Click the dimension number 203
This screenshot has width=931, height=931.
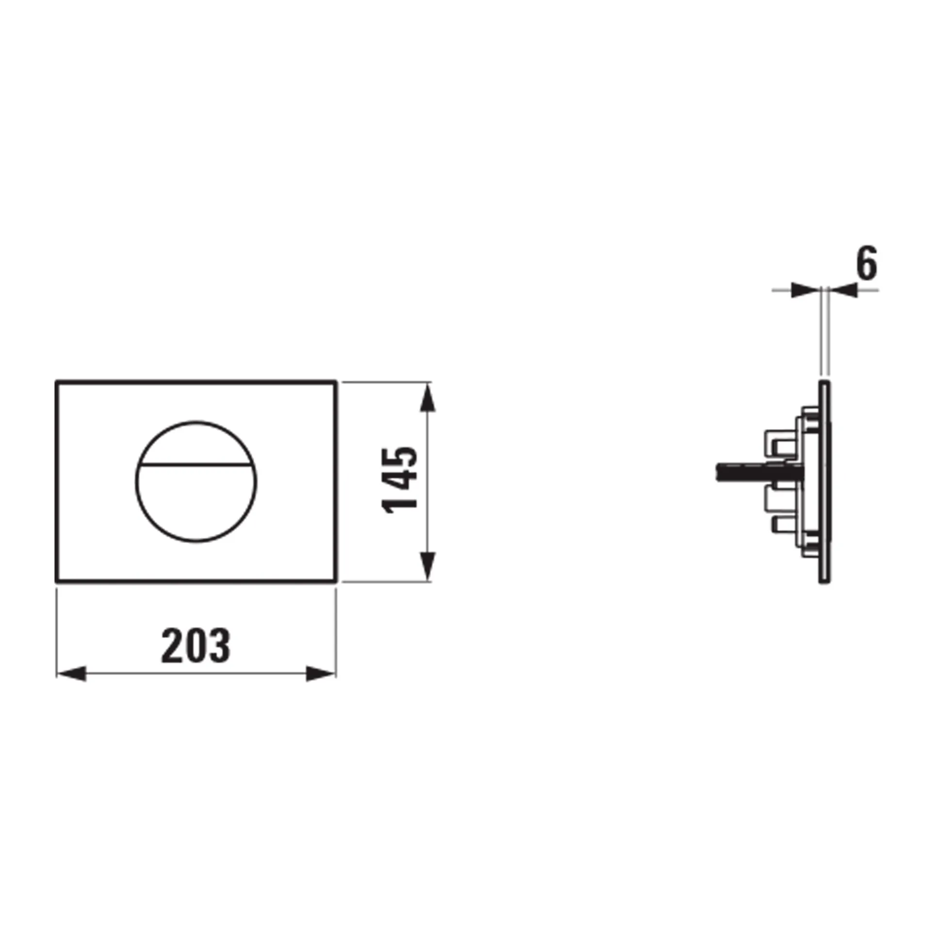195,646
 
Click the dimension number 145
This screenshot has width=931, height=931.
401,480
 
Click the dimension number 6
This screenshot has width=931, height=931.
867,264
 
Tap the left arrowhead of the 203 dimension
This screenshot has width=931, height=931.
72,674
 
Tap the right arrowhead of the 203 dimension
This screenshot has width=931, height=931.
321,674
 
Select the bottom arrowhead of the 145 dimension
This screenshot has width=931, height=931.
427,565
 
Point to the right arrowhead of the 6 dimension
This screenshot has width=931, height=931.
843,290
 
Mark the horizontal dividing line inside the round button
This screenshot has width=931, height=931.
196,464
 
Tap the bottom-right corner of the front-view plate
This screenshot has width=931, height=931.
336,580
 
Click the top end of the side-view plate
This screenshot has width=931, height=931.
824,384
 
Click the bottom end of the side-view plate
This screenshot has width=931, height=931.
824,581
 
